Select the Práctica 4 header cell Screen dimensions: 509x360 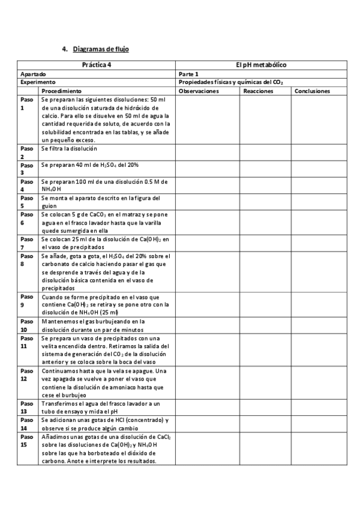(96, 64)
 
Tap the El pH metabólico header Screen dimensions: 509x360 (261, 64)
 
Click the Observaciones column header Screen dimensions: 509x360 (199, 91)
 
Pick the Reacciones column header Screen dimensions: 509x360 (259, 91)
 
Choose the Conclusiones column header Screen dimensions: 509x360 (313, 91)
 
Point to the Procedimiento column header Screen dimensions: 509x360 (61, 91)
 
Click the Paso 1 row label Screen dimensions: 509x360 (26, 103)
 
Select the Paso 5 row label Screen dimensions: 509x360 (26, 202)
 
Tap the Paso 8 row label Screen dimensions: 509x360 (26, 259)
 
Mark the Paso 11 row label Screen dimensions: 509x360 (26, 342)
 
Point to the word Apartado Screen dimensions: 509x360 (33, 73)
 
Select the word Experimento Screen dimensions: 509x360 (38, 82)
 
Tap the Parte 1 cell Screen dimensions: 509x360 (189, 73)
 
